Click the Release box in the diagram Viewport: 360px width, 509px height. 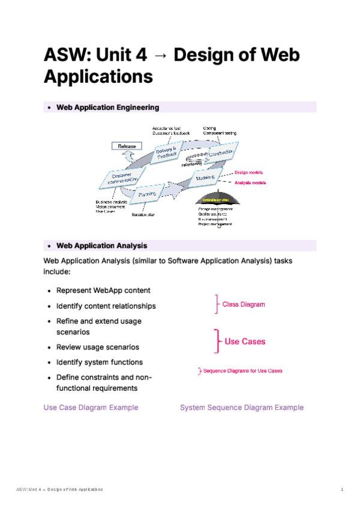(x=126, y=146)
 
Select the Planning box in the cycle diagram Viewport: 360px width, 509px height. (x=147, y=194)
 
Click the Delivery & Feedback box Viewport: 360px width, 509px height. (x=166, y=152)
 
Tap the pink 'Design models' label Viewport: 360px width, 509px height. (x=248, y=173)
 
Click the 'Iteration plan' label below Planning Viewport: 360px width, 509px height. (x=143, y=214)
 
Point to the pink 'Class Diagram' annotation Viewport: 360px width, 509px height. (x=243, y=304)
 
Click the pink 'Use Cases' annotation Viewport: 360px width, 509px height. (x=244, y=342)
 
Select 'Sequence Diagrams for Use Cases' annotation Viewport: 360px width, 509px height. (x=242, y=371)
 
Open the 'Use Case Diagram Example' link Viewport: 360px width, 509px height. (x=91, y=408)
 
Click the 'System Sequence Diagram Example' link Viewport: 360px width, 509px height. (x=242, y=408)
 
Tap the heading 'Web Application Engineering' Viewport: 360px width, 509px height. (x=107, y=107)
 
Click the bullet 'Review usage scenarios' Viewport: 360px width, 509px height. (x=97, y=347)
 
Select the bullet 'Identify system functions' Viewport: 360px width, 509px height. (x=99, y=362)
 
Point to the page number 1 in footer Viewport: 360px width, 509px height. (x=341, y=490)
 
